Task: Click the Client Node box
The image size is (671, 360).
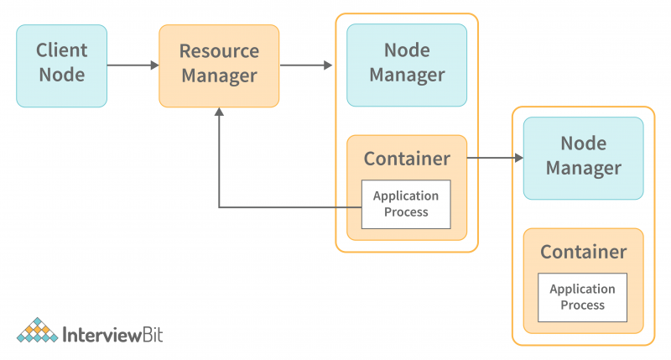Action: (61, 65)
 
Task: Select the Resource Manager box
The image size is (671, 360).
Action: (219, 65)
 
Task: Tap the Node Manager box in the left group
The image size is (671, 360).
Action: (407, 65)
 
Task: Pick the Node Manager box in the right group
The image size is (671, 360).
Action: (583, 158)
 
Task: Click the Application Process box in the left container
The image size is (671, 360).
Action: (406, 204)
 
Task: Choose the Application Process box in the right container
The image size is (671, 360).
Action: (582, 297)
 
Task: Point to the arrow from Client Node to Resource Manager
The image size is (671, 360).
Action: (133, 65)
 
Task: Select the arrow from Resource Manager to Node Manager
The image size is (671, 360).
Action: (305, 65)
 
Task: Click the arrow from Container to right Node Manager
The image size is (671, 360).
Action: (495, 158)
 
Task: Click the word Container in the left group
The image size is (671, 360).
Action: (407, 159)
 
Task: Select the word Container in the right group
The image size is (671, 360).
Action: (583, 252)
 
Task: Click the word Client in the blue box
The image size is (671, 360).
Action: (61, 51)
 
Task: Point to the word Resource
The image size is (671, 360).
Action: (219, 51)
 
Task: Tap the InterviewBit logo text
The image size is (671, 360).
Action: (113, 335)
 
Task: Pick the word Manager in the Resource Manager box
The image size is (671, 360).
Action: (219, 76)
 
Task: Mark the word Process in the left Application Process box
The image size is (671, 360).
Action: (406, 212)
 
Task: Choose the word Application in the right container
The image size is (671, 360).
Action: (582, 289)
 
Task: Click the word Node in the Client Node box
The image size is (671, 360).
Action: (61, 76)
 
